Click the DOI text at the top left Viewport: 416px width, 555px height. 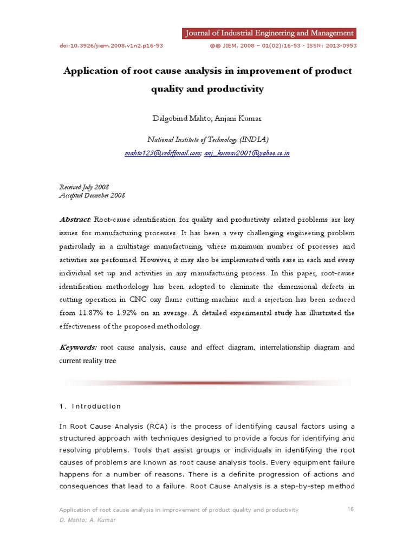(111, 46)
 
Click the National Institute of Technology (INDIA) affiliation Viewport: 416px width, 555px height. (207, 140)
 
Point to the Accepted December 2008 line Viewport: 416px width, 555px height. (92, 195)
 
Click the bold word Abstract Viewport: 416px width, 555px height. (75, 220)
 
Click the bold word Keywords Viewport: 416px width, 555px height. (78, 347)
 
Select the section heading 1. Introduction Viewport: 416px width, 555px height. (90, 406)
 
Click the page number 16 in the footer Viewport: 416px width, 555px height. (349, 509)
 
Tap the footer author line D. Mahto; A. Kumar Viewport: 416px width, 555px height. (87, 520)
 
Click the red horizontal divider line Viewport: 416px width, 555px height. (207, 383)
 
